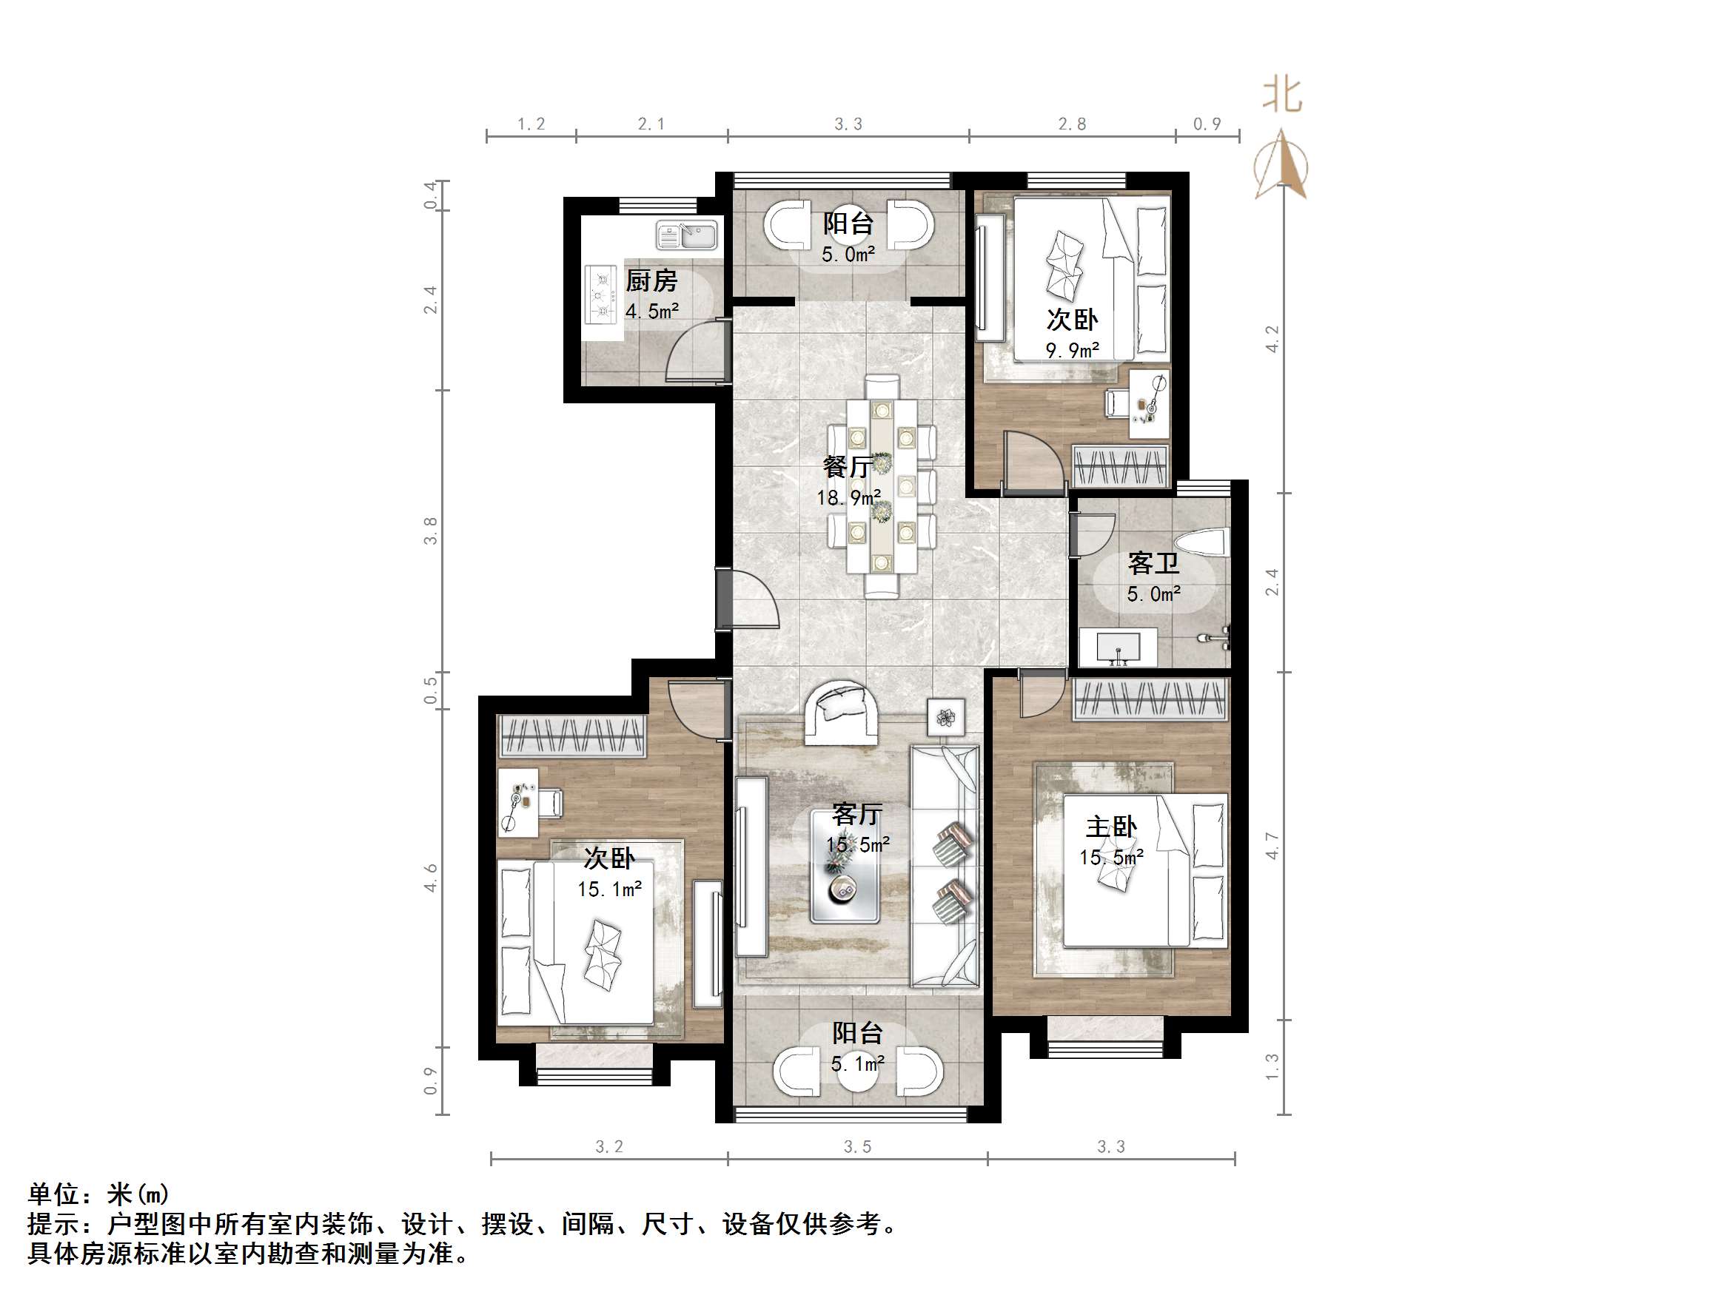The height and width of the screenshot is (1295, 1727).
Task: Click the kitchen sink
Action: pyautogui.click(x=686, y=234)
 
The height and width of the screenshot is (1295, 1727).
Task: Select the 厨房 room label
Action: pyautogui.click(x=651, y=280)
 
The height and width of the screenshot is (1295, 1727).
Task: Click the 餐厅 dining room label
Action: pyautogui.click(x=847, y=468)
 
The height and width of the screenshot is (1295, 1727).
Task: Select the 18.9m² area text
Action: pyautogui.click(x=848, y=498)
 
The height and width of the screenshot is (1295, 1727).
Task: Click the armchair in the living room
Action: pyautogui.click(x=842, y=711)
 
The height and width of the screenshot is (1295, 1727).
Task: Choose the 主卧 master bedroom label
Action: pyautogui.click(x=1111, y=827)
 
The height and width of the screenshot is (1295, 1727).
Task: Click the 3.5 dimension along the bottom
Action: pyautogui.click(x=857, y=1147)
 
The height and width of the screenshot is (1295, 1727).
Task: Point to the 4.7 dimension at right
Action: pyautogui.click(x=1272, y=846)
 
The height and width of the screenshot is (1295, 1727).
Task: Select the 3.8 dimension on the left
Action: pyautogui.click(x=430, y=531)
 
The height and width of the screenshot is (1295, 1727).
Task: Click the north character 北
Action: pyautogui.click(x=1282, y=95)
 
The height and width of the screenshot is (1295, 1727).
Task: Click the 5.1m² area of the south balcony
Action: pyautogui.click(x=857, y=1063)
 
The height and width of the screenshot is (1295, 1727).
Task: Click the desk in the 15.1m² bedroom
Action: pyautogui.click(x=517, y=802)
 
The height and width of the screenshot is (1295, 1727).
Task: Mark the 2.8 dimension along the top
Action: pyautogui.click(x=1072, y=124)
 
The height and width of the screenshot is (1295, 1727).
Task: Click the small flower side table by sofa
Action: pyautogui.click(x=945, y=716)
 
